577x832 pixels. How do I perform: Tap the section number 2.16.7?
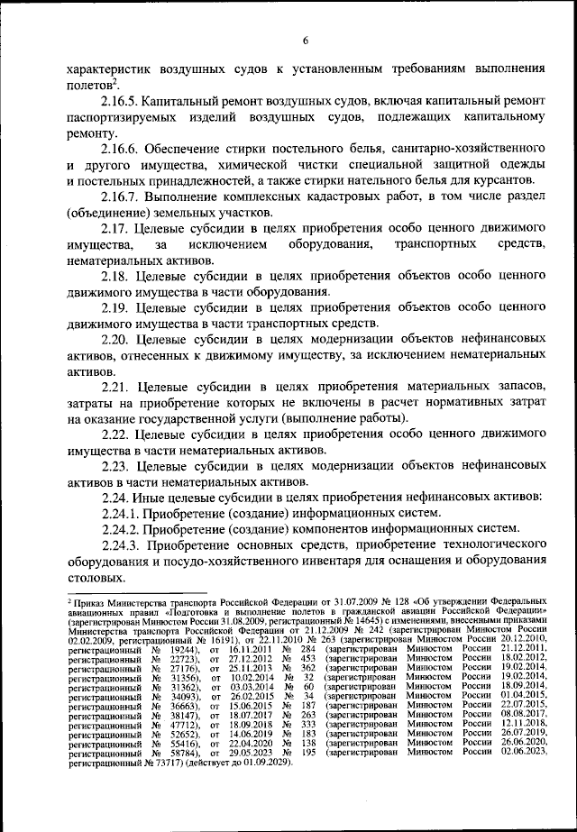[x=124, y=197]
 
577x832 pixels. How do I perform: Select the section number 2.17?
[x=116, y=228]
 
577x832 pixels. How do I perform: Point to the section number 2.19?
[x=116, y=308]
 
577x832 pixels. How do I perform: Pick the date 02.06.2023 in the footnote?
[x=522, y=751]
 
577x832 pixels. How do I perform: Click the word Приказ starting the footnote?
[x=93, y=599]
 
